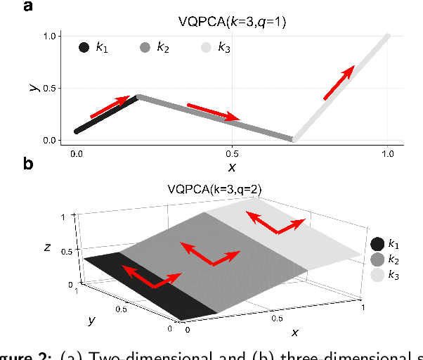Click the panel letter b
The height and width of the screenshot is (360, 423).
pyautogui.click(x=28, y=164)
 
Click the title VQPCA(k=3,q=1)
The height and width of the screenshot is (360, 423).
pyautogui.click(x=232, y=21)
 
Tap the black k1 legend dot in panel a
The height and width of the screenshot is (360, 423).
pyautogui.click(x=84, y=48)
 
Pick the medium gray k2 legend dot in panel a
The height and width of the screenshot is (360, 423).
pyautogui.click(x=145, y=48)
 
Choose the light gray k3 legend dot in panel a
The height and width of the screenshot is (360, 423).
pyautogui.click(x=207, y=48)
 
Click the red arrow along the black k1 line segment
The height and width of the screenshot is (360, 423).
pyautogui.click(x=111, y=106)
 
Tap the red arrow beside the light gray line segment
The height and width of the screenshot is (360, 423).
pyautogui.click(x=339, y=82)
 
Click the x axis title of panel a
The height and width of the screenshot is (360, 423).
pyautogui.click(x=231, y=166)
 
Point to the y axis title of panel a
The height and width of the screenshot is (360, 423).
pyautogui.click(x=32, y=86)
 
